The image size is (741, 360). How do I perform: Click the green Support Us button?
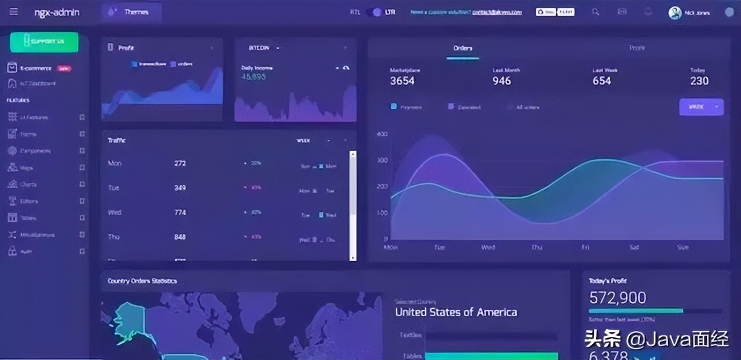[44, 42]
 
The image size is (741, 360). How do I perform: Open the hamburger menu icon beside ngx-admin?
[14, 12]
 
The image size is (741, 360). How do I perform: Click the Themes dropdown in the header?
[131, 12]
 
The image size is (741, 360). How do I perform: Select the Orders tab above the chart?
[463, 48]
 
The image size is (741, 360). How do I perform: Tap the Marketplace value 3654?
[402, 81]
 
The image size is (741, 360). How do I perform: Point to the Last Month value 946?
[501, 81]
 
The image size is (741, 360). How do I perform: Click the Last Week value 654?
[601, 81]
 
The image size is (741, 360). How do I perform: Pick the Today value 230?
[699, 81]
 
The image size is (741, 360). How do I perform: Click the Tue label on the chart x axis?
[439, 247]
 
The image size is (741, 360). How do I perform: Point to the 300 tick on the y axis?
[382, 160]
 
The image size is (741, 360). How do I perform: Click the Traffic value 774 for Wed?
[180, 212]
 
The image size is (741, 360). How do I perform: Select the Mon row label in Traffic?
[115, 163]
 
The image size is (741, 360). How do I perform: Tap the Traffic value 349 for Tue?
[180, 188]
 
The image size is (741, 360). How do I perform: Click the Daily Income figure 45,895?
[254, 76]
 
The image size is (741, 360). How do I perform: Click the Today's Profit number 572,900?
[617, 297]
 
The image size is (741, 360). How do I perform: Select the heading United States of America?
[456, 312]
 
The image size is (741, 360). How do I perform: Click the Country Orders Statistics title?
[142, 281]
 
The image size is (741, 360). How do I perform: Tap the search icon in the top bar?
[596, 12]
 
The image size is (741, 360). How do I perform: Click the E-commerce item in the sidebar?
[36, 68]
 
